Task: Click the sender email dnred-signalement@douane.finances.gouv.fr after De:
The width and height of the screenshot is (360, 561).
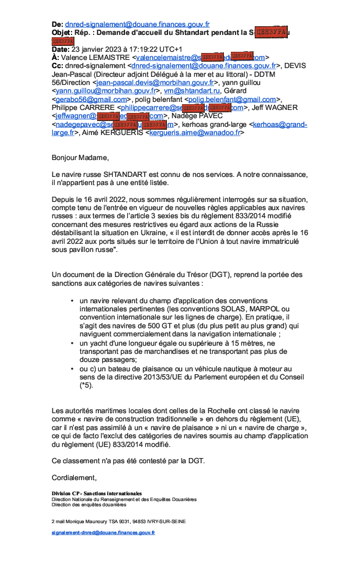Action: coord(137,24)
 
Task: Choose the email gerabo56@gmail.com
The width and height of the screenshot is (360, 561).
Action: coord(92,100)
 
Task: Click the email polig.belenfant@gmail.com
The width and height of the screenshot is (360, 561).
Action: coord(233,100)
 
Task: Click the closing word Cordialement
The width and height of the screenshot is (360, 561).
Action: coord(74,478)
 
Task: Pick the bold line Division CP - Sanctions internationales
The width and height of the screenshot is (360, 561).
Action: coord(97,493)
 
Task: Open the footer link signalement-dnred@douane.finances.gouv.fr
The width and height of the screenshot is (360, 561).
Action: coord(103,532)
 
